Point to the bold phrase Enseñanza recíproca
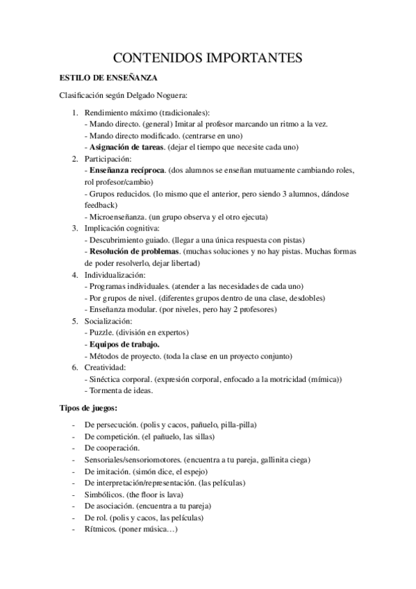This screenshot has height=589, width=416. click(x=128, y=169)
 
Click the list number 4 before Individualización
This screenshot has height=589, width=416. click(x=74, y=275)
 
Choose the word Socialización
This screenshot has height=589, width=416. click(x=108, y=321)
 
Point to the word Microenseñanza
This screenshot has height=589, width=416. click(x=117, y=216)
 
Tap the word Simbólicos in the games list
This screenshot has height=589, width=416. click(x=104, y=494)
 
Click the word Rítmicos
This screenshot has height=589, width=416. click(x=101, y=529)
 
